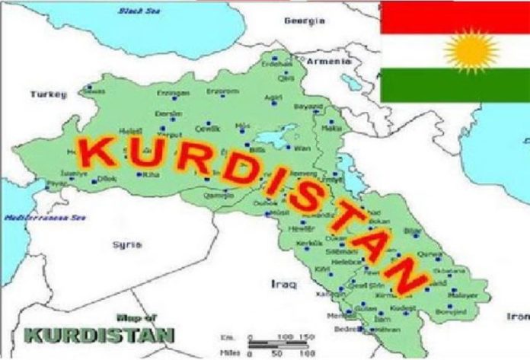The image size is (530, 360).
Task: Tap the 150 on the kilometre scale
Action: click(x=308, y=336)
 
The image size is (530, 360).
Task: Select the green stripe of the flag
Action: click(x=455, y=86)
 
